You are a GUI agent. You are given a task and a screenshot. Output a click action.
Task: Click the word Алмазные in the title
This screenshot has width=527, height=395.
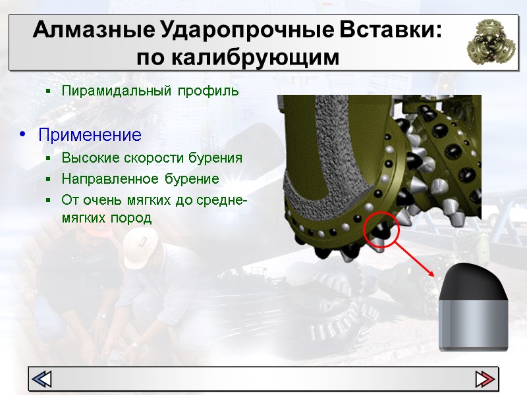pyautogui.click(x=94, y=30)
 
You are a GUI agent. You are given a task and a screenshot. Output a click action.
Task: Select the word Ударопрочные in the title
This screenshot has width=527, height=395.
pyautogui.click(x=247, y=30)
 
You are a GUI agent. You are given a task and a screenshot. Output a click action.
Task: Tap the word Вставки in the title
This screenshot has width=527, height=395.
pyautogui.click(x=387, y=30)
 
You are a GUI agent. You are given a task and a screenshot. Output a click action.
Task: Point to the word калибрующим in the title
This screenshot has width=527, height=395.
pyautogui.click(x=256, y=57)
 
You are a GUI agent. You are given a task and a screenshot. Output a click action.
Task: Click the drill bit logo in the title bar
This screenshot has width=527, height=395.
pyautogui.click(x=491, y=41)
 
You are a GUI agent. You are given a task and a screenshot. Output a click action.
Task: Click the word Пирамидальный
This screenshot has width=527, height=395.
pyautogui.click(x=117, y=91)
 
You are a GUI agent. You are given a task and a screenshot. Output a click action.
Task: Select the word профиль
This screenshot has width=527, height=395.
pyautogui.click(x=208, y=91)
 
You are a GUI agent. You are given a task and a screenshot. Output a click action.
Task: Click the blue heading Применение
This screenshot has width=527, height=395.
pyautogui.click(x=90, y=135)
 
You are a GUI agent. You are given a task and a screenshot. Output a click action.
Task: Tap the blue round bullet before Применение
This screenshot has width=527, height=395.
pyautogui.click(x=22, y=134)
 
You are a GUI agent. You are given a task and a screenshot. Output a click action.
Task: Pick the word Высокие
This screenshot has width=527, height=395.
pyautogui.click(x=90, y=158)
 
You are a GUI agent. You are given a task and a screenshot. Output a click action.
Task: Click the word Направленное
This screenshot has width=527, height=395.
pyautogui.click(x=110, y=179)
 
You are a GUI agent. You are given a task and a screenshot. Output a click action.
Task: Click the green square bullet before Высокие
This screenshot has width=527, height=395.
pyautogui.click(x=48, y=158)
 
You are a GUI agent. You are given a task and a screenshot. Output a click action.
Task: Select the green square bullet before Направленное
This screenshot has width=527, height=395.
pyautogui.click(x=48, y=179)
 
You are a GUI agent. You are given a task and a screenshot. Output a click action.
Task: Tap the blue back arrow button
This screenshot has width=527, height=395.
pyautogui.click(x=42, y=379)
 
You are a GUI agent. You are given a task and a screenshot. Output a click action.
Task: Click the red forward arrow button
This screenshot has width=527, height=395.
pyautogui.click(x=485, y=379)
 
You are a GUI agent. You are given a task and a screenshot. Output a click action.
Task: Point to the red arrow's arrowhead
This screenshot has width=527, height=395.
pyautogui.click(x=431, y=273)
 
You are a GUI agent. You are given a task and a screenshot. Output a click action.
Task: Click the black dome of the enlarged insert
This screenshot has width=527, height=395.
pyautogui.click(x=473, y=282)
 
